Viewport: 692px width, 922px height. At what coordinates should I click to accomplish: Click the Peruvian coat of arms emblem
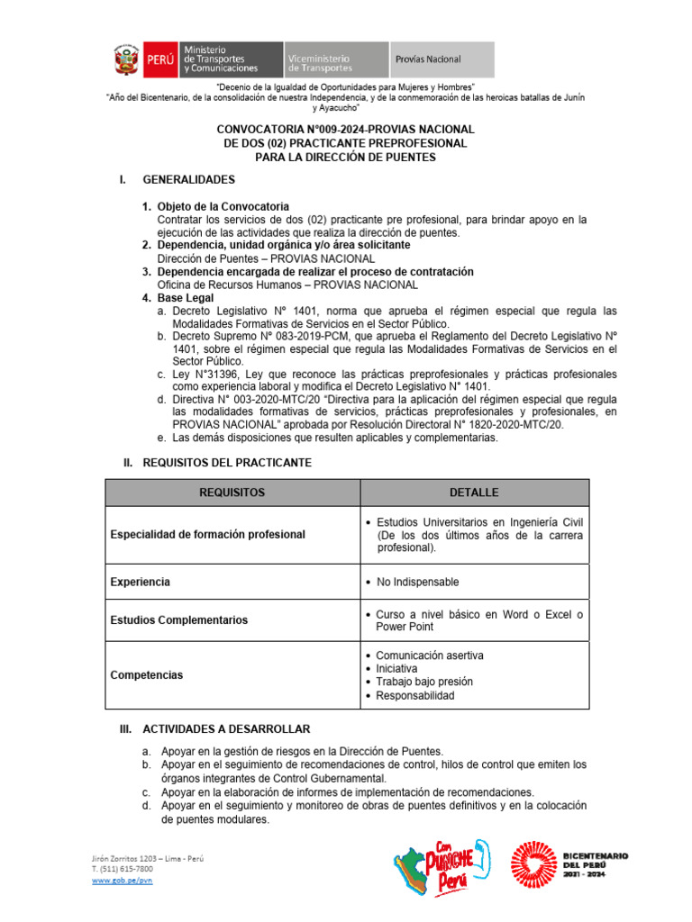126,59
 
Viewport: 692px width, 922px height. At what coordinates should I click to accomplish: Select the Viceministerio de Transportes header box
336,59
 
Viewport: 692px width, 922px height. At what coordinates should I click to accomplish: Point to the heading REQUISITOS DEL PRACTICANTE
227,462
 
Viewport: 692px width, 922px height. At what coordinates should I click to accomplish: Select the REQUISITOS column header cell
232,493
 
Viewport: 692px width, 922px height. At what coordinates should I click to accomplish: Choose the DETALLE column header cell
474,493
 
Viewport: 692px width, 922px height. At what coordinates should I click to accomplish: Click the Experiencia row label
140,582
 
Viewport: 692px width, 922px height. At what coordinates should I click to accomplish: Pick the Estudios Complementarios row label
178,620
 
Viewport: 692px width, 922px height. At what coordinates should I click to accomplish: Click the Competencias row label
146,674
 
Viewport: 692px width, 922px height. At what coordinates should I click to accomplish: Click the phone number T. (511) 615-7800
122,869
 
